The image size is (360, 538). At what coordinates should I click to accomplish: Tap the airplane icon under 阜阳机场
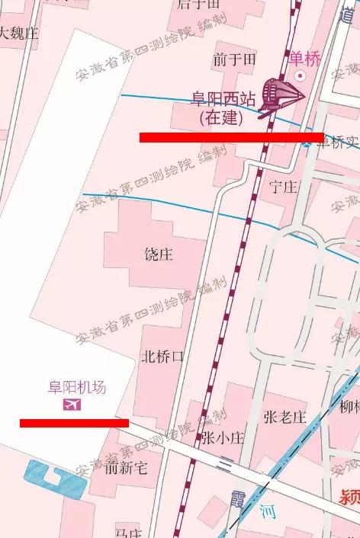pos(72,404)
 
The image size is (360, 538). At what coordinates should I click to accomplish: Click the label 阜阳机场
pos(77,387)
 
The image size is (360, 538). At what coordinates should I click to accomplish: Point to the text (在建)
pos(221,118)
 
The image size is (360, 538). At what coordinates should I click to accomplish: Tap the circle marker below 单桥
pos(301,75)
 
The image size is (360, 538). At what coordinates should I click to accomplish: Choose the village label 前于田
pos(234,59)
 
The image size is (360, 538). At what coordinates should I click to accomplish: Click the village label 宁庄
pos(283,187)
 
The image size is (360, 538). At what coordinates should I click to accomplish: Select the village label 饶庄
pos(159,254)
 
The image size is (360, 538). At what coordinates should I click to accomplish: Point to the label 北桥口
pos(162,357)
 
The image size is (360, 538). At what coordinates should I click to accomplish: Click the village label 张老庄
pos(284,417)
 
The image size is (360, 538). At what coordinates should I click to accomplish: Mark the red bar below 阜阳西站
pos(231,137)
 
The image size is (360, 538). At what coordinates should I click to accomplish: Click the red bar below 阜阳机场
pos(74,422)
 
